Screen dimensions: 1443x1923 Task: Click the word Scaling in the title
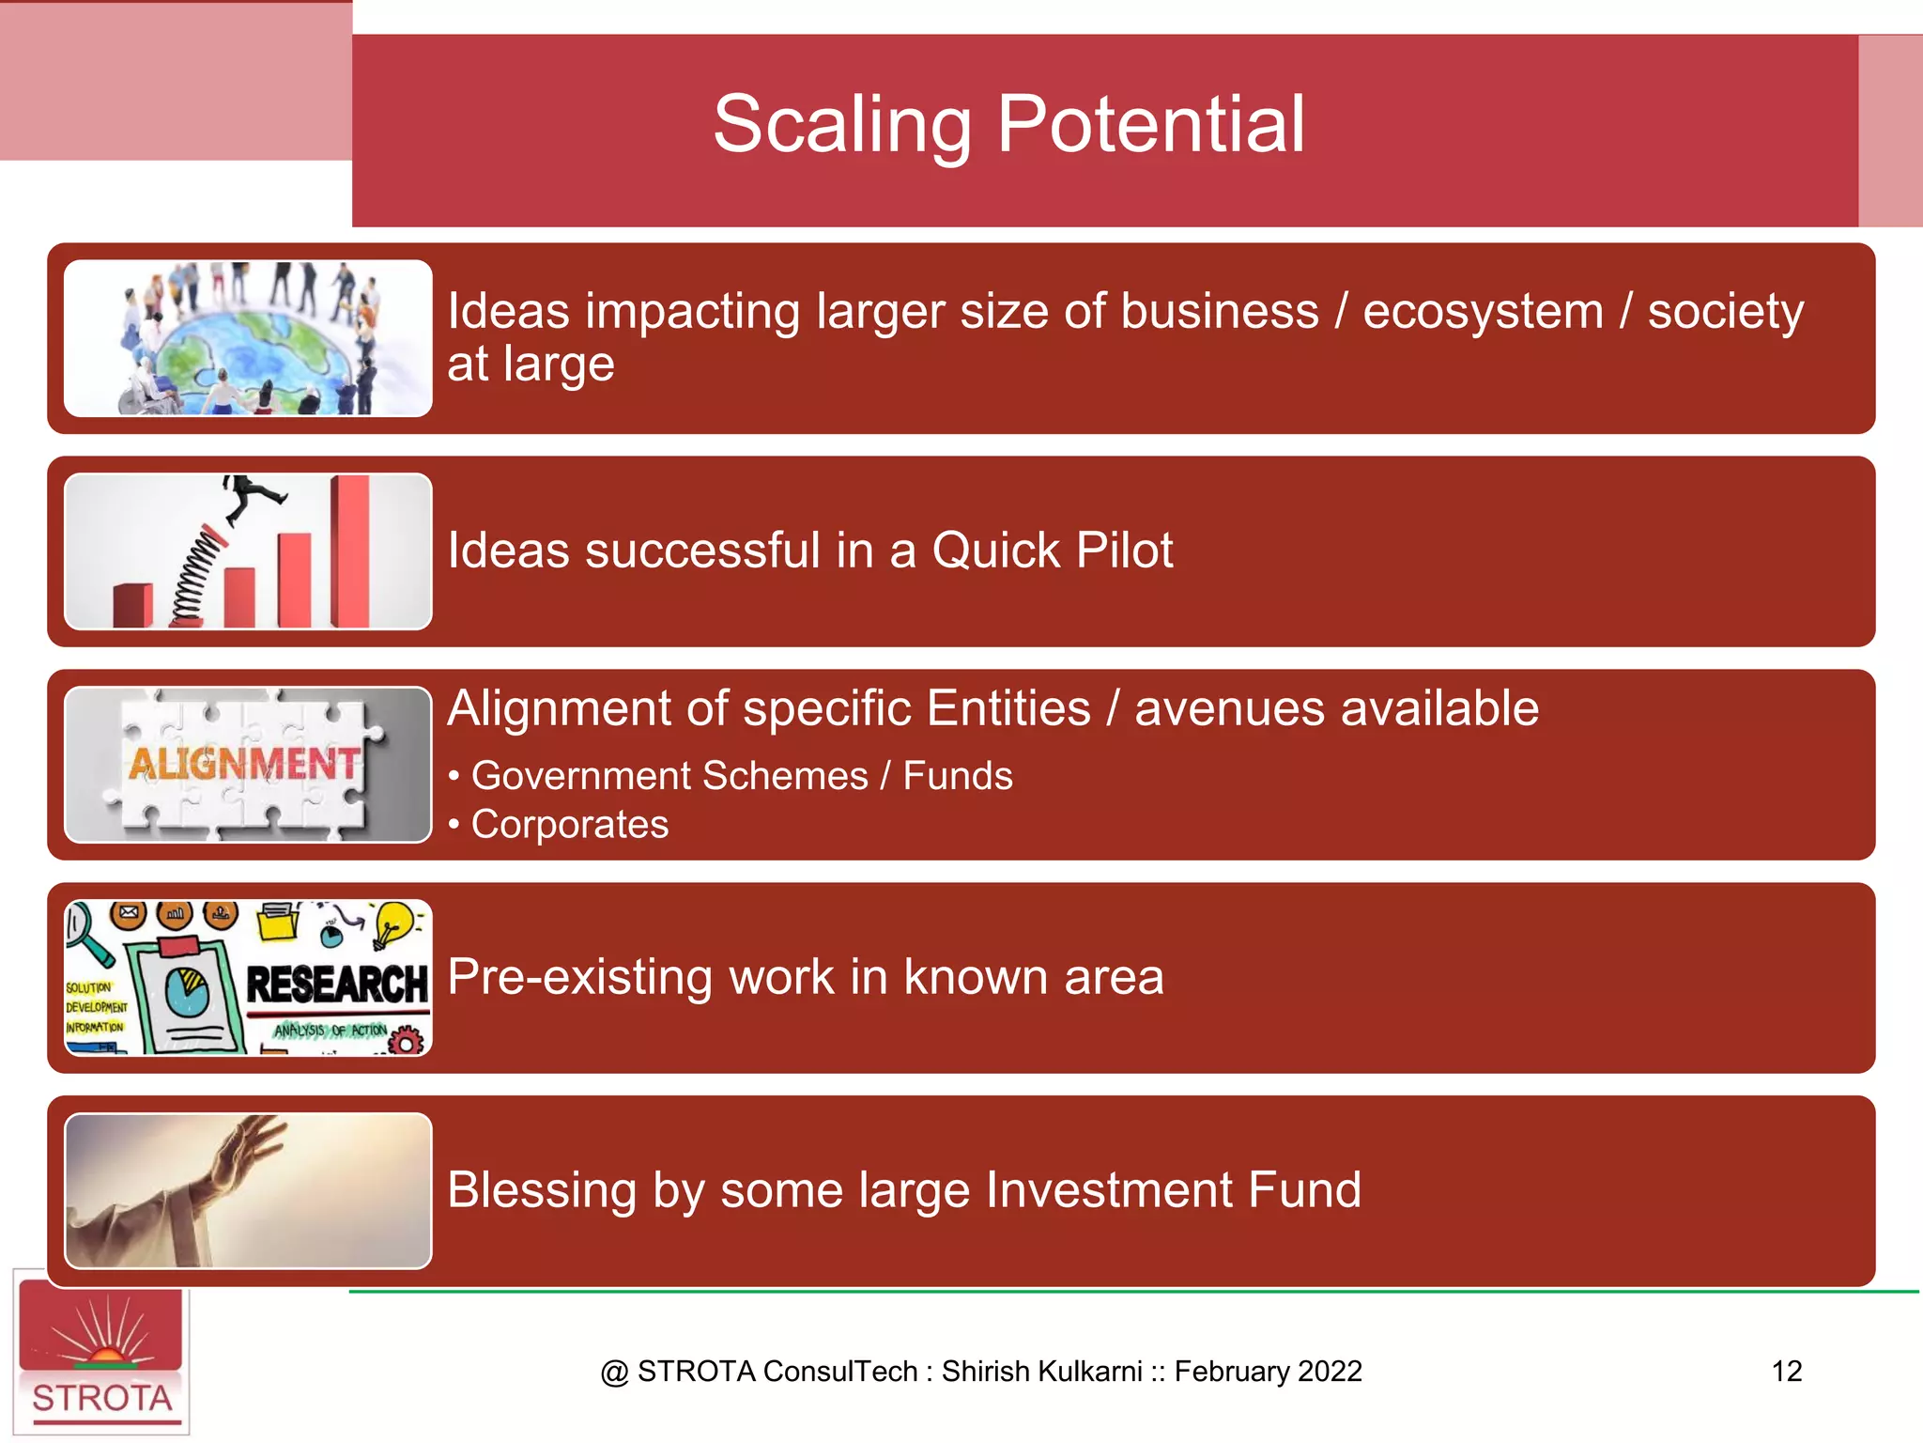coord(841,126)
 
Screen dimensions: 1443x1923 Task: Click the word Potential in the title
coord(1150,126)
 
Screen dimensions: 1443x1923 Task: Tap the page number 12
coord(1786,1371)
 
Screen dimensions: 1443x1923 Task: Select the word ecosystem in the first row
coord(1483,312)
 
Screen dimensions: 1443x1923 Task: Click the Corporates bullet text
coord(569,824)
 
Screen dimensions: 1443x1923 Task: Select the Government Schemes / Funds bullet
coord(741,776)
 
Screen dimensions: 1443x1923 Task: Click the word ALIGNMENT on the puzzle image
coord(244,764)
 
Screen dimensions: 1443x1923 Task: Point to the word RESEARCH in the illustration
coord(336,985)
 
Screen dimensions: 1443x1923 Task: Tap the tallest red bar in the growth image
coord(350,551)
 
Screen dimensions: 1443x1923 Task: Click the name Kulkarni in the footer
coord(1093,1371)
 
